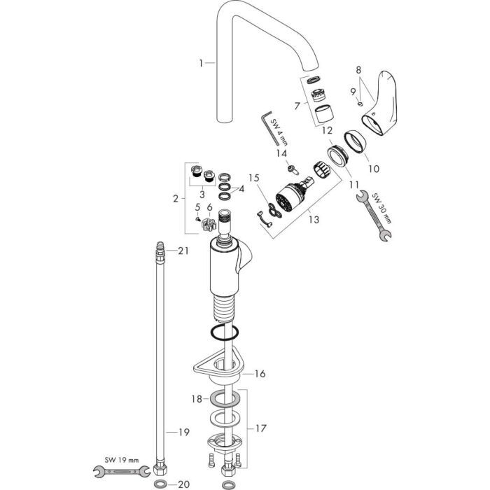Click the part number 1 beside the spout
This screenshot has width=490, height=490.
[x=201, y=63]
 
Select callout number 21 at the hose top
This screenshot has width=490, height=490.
[x=183, y=251]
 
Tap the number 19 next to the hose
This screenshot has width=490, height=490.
[x=183, y=433]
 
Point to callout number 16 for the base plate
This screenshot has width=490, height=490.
[x=260, y=374]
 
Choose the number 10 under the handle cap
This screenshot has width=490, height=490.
[x=373, y=168]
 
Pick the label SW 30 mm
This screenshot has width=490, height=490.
[x=384, y=208]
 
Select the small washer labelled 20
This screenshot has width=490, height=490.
[x=160, y=484]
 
